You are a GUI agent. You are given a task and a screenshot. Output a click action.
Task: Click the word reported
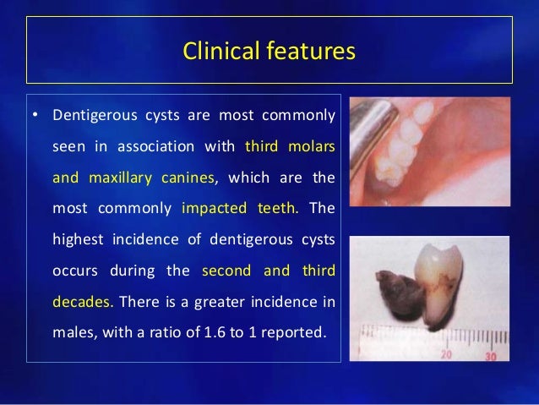pos(291,330)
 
